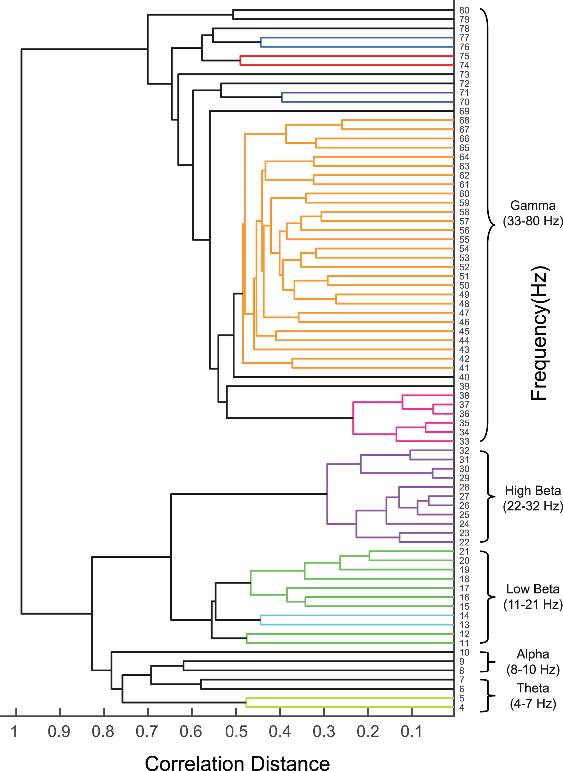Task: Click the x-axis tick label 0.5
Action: pos(236,732)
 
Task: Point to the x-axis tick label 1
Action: pos(14,732)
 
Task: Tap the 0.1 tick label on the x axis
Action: pos(412,732)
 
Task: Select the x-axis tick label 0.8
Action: pos(103,732)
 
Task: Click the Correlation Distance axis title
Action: pos(237,763)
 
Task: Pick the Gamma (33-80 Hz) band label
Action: pos(533,213)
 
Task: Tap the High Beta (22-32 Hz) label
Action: pos(533,498)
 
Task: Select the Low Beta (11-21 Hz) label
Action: pos(533,597)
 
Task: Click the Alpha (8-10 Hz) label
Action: pos(533,662)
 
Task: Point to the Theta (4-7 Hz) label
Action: pos(533,696)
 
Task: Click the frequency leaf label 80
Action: pos(464,10)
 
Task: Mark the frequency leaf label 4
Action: pos(462,707)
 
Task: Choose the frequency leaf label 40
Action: pos(464,377)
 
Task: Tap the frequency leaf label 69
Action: pos(464,111)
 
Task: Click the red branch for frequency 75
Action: pos(346,56)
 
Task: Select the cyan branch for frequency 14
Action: pos(356,616)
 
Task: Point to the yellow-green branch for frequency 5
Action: pos(349,698)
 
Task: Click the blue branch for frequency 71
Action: pos(367,93)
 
